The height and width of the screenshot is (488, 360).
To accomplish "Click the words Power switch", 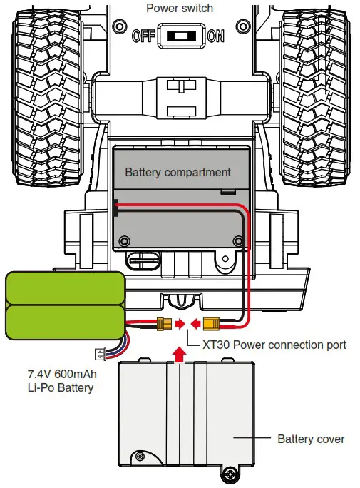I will click(x=180, y=9).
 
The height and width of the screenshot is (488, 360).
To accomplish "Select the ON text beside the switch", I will click(x=216, y=35).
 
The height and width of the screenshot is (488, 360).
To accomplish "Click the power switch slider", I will click(x=180, y=35).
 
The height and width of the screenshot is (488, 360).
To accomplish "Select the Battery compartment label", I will click(x=178, y=172).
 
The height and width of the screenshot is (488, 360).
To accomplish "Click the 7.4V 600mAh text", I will click(x=60, y=374).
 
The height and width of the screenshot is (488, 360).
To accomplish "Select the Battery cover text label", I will click(x=311, y=439).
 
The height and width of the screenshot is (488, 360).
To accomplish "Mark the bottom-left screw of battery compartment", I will click(x=125, y=240).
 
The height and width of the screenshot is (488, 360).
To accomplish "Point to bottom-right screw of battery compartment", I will click(x=235, y=240).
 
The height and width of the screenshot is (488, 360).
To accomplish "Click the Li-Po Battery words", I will click(x=60, y=387).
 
